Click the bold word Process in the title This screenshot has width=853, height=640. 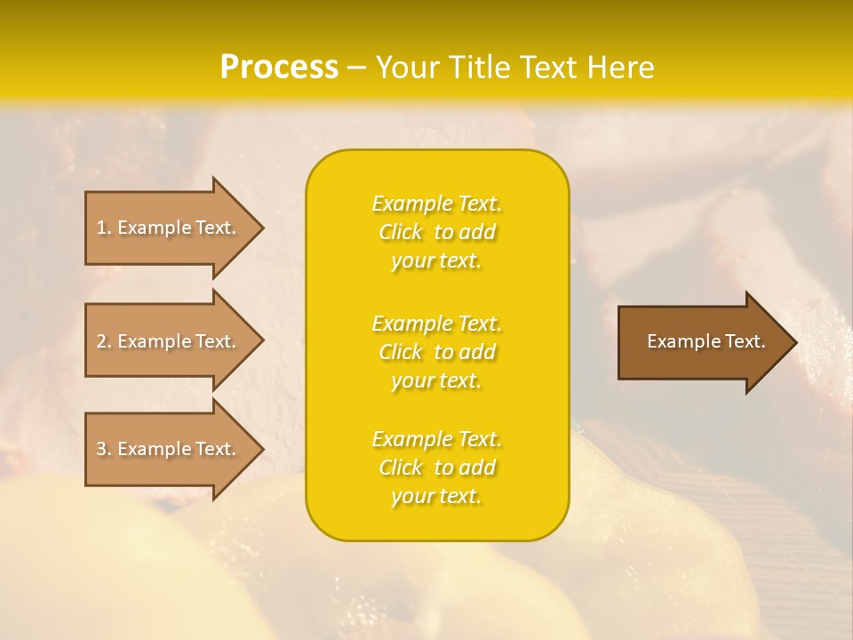tap(279, 68)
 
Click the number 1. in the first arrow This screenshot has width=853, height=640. tap(104, 228)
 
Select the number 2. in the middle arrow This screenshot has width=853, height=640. tap(104, 341)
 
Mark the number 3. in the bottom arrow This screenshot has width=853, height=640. tap(104, 449)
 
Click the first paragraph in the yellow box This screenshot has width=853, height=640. tap(437, 232)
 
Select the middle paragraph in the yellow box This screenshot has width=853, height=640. tap(437, 352)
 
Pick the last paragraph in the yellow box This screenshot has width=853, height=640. tap(437, 468)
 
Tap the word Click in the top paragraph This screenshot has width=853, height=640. tap(401, 232)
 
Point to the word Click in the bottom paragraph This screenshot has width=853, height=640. tap(401, 468)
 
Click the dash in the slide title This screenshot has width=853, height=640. tap(357, 68)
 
